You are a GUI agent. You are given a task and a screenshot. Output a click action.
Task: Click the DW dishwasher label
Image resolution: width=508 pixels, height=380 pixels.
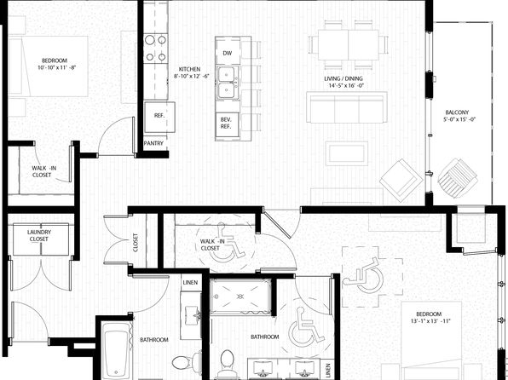click(x=228, y=53)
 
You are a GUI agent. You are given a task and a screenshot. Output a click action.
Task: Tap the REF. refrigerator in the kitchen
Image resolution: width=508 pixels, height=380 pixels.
click(x=159, y=117)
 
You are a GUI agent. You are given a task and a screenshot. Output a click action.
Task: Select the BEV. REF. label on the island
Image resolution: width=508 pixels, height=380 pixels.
click(x=226, y=123)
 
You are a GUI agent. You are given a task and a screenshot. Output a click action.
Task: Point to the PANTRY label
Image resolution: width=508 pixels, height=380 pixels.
click(x=153, y=143)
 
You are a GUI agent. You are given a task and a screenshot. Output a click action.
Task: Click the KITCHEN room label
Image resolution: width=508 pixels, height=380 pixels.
click(x=189, y=69)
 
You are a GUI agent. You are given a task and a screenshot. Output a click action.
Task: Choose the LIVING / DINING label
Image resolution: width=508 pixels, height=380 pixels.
click(x=343, y=78)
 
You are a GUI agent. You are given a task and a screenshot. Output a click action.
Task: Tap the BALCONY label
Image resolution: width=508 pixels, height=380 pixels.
click(x=457, y=112)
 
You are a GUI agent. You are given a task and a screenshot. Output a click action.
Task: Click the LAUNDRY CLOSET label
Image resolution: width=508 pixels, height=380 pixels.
click(x=39, y=235)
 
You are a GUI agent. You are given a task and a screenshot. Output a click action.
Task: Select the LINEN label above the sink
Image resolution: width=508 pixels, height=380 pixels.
click(x=190, y=283)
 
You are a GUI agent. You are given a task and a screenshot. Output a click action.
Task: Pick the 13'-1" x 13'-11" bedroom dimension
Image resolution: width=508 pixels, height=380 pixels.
click(x=429, y=321)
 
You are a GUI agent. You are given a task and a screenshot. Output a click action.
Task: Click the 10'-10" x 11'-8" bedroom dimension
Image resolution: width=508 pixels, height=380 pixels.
click(x=56, y=67)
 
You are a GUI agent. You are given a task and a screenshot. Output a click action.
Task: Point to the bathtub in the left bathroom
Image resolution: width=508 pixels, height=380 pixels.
click(x=116, y=351)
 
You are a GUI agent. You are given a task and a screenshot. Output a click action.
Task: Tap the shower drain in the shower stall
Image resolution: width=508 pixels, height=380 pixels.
click(x=240, y=297)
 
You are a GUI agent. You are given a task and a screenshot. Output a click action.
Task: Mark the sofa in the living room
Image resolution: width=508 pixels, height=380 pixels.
click(x=347, y=107)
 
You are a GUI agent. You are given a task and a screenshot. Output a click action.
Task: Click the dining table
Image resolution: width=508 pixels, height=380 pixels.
click(x=349, y=44)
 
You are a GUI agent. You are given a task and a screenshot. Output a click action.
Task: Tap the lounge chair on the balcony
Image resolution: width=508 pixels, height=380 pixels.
click(x=457, y=178)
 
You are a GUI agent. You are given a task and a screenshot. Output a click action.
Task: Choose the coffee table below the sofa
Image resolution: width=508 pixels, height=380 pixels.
click(x=347, y=153)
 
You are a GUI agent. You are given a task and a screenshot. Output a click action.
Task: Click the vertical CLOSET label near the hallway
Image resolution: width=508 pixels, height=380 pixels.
click(x=136, y=243)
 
